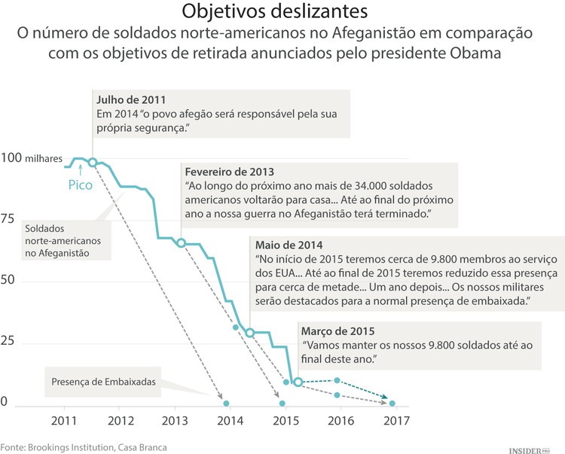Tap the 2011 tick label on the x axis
64,420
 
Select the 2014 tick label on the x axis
231,420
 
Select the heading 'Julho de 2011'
131,99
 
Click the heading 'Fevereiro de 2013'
229,171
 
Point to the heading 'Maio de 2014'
289,245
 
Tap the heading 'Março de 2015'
337,331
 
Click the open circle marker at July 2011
93,163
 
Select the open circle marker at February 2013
181,242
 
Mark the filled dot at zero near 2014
227,404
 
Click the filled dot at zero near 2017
392,404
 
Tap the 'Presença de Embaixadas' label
104,382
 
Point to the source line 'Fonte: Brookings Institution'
83,446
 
